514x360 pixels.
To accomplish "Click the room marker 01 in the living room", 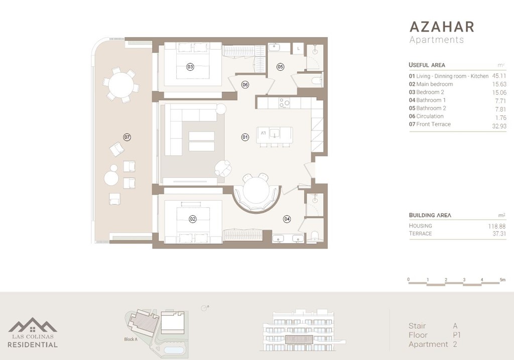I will pyautogui.click(x=245, y=137).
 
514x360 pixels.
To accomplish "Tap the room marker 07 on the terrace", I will pyautogui.click(x=127, y=137).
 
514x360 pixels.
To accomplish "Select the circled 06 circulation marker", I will pyautogui.click(x=245, y=85).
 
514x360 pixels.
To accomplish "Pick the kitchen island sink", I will pyautogui.click(x=276, y=133).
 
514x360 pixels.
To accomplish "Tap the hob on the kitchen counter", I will pyautogui.click(x=284, y=103).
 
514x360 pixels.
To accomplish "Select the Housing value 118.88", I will pyautogui.click(x=496, y=226).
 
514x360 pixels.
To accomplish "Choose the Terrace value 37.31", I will pyautogui.click(x=497, y=234).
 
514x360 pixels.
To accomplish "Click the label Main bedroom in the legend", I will pyautogui.click(x=434, y=84).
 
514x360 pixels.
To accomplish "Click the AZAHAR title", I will pyautogui.click(x=442, y=27).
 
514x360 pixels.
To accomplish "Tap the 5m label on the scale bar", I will pyautogui.click(x=502, y=279).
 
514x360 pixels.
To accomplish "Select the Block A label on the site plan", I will pyautogui.click(x=131, y=339).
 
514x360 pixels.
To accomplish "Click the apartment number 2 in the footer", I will pyautogui.click(x=455, y=344).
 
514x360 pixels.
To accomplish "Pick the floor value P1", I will pyautogui.click(x=456, y=335).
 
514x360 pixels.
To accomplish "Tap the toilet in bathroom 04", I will pyautogui.click(x=315, y=236).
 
